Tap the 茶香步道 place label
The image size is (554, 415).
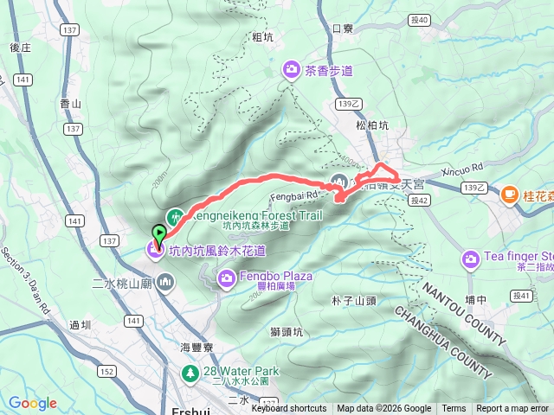point(329,72)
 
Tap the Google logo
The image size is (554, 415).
point(33,403)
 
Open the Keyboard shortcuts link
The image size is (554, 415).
point(289,409)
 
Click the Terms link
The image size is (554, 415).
point(454,409)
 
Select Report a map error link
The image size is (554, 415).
point(512,409)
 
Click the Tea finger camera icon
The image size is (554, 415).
point(471,258)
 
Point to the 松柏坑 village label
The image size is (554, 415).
point(373,124)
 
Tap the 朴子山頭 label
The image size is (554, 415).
point(353,301)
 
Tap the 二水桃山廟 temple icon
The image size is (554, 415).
point(166,282)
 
